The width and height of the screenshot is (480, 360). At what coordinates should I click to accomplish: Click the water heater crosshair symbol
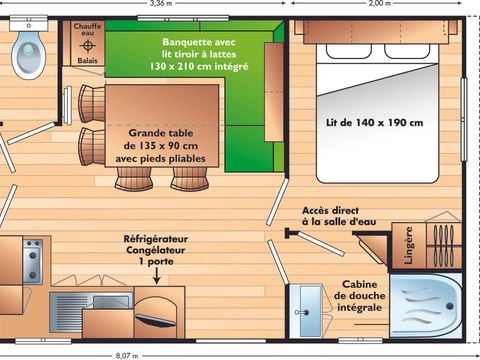tap(88, 46)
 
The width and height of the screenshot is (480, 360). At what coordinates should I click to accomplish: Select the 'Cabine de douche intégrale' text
tap(359, 296)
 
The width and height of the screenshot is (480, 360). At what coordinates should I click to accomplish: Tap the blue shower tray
tap(424, 304)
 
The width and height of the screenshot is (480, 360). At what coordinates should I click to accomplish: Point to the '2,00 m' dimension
tap(380, 4)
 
